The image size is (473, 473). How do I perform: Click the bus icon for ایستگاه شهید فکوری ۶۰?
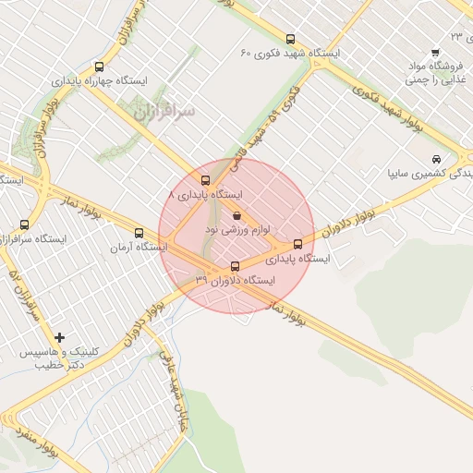point(291,40)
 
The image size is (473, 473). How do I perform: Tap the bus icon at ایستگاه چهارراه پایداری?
point(100,67)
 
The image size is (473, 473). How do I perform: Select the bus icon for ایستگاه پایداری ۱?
point(206,180)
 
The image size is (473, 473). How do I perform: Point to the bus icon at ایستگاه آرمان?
point(139,233)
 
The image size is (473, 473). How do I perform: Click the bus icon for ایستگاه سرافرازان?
point(24,224)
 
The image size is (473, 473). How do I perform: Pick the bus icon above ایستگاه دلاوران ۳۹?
point(234,267)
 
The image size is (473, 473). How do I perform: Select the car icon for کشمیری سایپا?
point(436,158)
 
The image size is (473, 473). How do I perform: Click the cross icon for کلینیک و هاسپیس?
point(60,337)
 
